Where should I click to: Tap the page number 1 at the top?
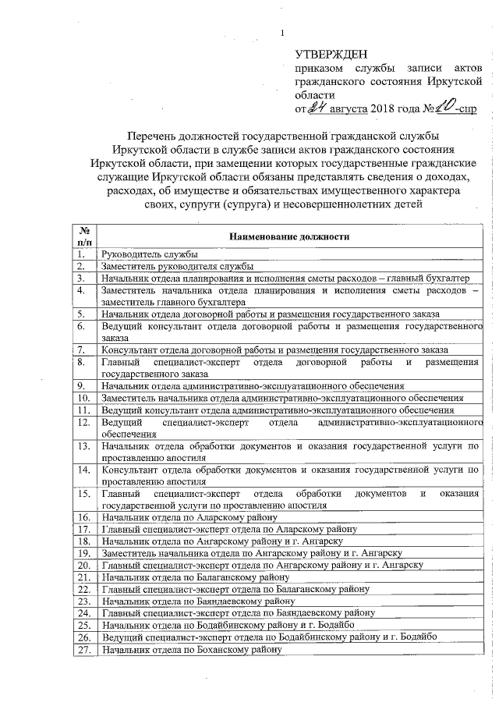click(x=282, y=32)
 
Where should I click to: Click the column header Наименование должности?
click(x=288, y=236)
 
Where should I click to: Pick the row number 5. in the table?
click(x=80, y=314)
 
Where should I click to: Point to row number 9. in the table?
click(x=80, y=385)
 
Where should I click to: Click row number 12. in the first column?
click(x=82, y=421)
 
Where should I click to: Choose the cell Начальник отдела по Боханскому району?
click(x=191, y=650)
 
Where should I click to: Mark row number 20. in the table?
click(x=83, y=565)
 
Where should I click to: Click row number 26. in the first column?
click(x=83, y=637)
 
